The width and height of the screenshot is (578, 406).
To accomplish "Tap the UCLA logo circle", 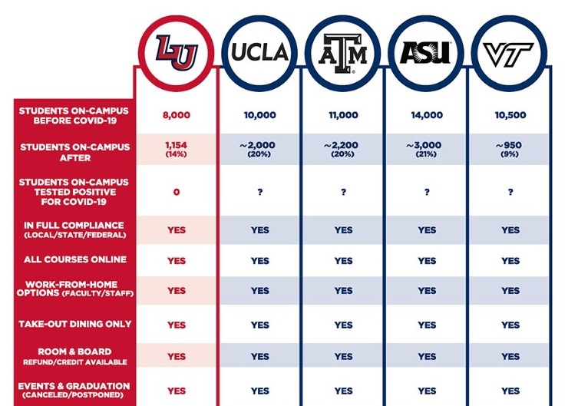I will coord(260,51).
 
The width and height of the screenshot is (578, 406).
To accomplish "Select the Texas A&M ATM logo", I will coord(343,52).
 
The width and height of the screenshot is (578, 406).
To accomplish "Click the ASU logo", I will coord(427,51).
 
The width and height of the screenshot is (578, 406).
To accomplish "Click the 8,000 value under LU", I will coord(176,115).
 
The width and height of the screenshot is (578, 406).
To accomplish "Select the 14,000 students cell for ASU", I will coord(427,115).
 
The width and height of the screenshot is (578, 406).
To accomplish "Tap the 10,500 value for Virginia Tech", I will coord(510,115).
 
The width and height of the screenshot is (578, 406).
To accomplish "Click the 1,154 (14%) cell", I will coord(176,148).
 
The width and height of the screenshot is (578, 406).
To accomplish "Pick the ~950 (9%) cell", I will coord(510,148).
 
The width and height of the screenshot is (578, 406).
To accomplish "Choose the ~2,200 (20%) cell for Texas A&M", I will coord(343,148).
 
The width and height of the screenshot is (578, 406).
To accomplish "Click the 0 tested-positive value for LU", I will coord(176,192).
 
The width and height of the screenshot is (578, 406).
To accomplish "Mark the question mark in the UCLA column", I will coord(260,192).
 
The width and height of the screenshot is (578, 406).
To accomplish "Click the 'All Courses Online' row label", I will coord(74,260).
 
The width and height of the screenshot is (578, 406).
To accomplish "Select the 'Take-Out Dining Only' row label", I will coord(74,324).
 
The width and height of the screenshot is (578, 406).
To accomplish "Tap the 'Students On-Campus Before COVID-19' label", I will coord(74,115).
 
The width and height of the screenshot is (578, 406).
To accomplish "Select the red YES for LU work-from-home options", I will coord(176,291).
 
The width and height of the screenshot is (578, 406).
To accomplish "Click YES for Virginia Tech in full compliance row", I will coord(510,229).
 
